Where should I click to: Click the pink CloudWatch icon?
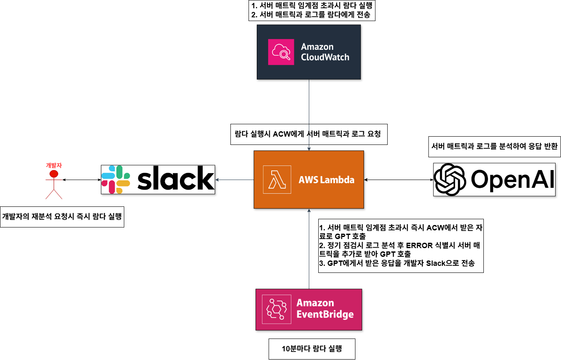tap(281, 52)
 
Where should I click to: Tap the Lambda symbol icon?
tap(277, 180)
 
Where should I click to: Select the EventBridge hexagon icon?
tap(276, 310)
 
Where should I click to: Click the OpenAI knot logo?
tap(450, 180)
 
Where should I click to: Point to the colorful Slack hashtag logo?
tap(116, 180)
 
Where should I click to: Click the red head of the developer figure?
tap(53, 174)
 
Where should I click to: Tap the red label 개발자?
tap(54, 165)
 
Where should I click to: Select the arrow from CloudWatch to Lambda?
tap(309, 107)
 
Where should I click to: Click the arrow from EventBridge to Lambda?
tap(309, 248)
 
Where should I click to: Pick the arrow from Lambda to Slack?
tap(234, 180)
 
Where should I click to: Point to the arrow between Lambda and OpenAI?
tap(398, 180)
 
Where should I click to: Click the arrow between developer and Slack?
tap(82, 180)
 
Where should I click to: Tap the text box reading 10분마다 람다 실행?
tap(312, 349)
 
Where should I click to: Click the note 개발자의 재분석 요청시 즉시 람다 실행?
tap(62, 216)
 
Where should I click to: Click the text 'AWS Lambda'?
tap(326, 180)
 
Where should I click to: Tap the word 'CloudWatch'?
tap(325, 57)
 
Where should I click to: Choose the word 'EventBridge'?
tap(325, 315)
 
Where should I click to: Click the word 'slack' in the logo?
tap(175, 179)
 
